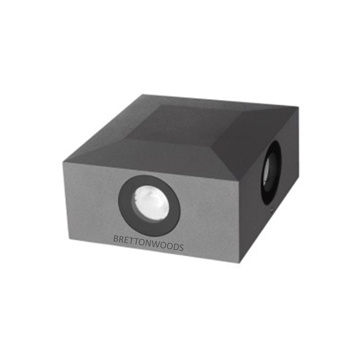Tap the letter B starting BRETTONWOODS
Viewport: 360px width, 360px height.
[115, 239]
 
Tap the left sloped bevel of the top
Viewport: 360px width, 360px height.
[117, 129]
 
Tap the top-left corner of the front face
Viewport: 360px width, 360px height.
[63, 163]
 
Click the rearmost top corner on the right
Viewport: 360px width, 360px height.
[299, 106]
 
